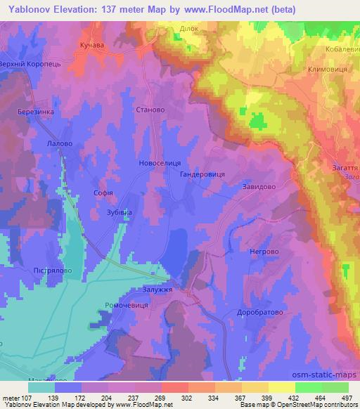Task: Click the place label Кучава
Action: [x=92, y=44]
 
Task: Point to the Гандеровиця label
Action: [x=202, y=173]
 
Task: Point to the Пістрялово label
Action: [x=33, y=269]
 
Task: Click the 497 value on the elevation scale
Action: [x=346, y=397]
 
